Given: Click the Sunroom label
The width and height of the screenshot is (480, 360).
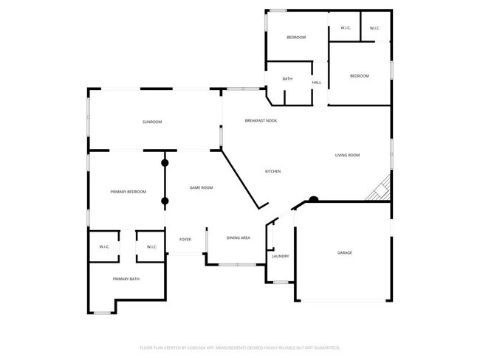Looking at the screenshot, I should pos(152,122).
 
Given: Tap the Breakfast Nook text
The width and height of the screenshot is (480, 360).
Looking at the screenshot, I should pos(261,120).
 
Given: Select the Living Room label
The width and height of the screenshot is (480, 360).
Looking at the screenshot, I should pos(347,155).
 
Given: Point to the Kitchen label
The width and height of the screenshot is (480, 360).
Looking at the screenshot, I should pos(272,172).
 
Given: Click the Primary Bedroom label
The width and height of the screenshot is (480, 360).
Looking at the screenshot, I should pos(128,192).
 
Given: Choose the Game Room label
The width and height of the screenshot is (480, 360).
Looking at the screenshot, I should pos(201,188).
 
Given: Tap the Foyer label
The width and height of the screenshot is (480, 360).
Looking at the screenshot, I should pos(185,238).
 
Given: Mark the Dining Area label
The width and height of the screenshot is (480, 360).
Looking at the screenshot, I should pos(238,238).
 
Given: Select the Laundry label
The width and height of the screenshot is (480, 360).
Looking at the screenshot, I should pos(280,256).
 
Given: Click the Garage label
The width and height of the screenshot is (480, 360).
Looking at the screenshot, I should pos(345,253).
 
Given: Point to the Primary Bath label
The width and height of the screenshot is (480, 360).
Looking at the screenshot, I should pos(126,279).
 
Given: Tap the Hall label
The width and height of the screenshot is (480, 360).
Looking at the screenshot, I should pos(316,83).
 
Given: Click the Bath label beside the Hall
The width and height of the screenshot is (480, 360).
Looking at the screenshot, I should pos(287,79).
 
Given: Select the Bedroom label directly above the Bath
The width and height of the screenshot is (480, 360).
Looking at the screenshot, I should pos(296,38).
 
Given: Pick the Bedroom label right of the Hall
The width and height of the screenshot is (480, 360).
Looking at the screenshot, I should pos(359,76).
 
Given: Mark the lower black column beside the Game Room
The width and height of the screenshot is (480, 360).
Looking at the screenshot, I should pos(165,201).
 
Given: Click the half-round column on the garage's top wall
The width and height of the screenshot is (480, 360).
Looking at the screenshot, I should pos(313,198).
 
